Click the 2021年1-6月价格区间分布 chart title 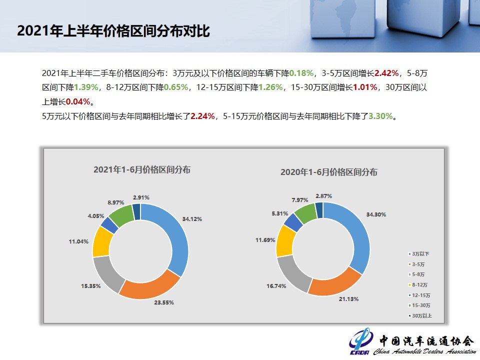[141, 169]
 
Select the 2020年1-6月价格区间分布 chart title [328, 172]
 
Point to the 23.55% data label [163, 303]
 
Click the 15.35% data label [90, 286]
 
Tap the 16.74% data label [275, 285]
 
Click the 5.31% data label [277, 213]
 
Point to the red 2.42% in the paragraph [386, 73]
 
